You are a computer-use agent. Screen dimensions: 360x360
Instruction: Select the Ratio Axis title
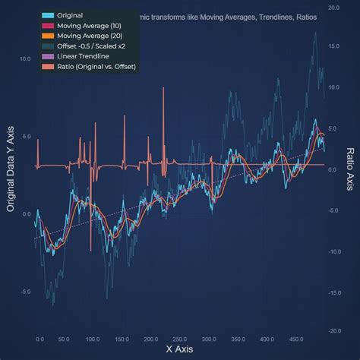point(350,169)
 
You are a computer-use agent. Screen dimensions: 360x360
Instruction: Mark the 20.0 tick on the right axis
point(333,7)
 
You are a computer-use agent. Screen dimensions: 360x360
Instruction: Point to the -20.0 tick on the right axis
point(333,331)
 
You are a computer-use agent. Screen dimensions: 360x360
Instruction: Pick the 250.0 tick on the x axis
point(180,339)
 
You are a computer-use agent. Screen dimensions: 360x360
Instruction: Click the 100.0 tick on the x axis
point(93,339)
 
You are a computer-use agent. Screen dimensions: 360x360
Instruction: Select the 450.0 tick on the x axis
point(296,339)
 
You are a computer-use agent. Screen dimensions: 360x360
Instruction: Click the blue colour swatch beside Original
point(49,15)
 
